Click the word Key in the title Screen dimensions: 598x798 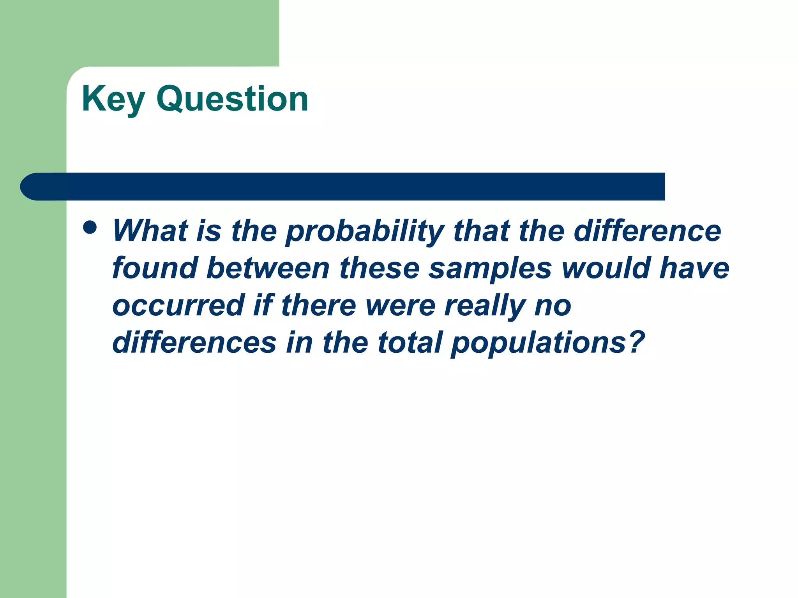[113, 100]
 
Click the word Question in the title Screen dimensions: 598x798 [232, 100]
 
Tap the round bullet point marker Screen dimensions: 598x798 [90, 227]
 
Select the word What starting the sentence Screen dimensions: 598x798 [150, 230]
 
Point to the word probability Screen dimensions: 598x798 [365, 232]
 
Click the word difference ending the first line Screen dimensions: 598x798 [647, 230]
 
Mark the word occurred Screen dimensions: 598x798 [178, 305]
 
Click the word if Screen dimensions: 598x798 [263, 305]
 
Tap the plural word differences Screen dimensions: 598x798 [194, 343]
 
